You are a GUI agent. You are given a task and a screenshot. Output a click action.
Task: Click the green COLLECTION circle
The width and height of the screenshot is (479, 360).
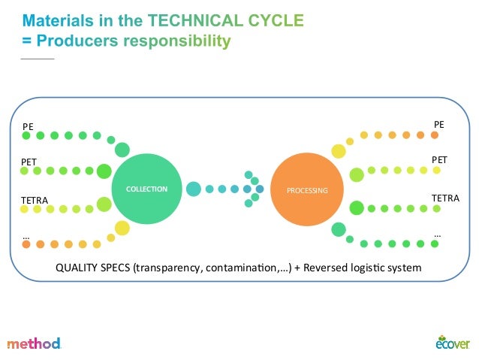pyautogui.click(x=147, y=189)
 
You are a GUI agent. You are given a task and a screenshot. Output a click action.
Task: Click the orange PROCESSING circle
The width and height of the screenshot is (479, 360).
pyautogui.click(x=307, y=190)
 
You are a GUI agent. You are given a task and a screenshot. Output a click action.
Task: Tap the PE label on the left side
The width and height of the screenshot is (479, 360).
pyautogui.click(x=28, y=126)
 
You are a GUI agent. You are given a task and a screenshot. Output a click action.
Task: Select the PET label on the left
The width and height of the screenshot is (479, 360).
pyautogui.click(x=29, y=162)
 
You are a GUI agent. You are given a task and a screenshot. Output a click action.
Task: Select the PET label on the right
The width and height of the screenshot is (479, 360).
pyautogui.click(x=439, y=160)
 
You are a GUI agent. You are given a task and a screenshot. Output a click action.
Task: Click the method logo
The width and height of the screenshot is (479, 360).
pyautogui.click(x=34, y=343)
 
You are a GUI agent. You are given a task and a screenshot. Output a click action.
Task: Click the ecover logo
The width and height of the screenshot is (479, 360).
pyautogui.click(x=453, y=342)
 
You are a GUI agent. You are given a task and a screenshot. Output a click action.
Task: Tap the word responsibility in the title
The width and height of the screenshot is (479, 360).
pyautogui.click(x=177, y=41)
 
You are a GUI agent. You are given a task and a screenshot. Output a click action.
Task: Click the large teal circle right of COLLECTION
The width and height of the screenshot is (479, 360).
pyautogui.click(x=194, y=189)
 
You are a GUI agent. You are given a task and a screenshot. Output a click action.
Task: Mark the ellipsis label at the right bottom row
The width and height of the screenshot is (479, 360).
pyautogui.click(x=438, y=234)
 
